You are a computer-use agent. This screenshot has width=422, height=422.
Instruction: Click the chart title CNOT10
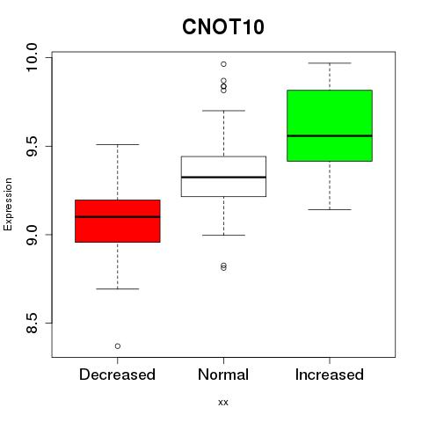(223, 27)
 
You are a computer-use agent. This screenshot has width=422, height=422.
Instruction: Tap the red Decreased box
(118, 221)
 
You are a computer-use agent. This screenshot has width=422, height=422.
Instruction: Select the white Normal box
(223, 176)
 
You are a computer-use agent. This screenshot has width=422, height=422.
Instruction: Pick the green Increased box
(330, 126)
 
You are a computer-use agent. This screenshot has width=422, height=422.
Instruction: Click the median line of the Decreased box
(118, 217)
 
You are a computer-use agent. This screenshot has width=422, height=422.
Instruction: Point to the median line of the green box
(330, 135)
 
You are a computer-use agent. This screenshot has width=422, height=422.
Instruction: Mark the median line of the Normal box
(223, 177)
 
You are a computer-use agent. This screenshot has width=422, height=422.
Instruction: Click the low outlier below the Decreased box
(118, 346)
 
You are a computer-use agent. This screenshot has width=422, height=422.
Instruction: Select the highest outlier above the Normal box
(223, 64)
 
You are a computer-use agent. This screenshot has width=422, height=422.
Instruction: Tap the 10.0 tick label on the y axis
(32, 57)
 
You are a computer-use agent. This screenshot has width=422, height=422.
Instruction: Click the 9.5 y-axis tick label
(32, 146)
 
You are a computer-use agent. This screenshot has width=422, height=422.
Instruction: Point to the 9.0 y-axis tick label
(32, 235)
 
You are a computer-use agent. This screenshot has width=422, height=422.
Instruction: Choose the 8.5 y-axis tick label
(32, 324)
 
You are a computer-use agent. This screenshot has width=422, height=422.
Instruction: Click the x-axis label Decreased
(117, 375)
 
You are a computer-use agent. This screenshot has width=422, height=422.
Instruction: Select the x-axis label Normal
(223, 375)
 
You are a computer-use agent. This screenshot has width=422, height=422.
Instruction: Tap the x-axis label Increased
(330, 375)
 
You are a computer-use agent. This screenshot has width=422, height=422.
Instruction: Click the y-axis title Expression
(8, 204)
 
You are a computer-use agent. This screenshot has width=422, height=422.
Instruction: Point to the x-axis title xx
(223, 403)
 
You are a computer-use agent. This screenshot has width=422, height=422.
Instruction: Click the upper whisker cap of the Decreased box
(118, 144)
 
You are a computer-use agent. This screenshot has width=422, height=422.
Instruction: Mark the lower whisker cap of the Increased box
(330, 209)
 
